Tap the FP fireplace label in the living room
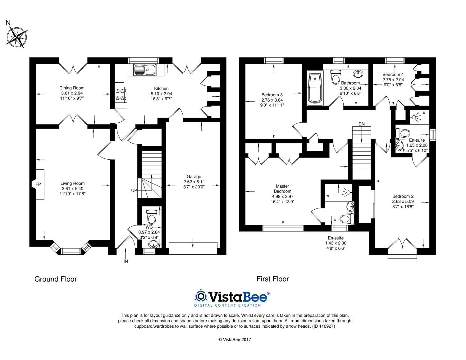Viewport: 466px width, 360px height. point(38,184)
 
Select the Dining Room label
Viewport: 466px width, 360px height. point(72,88)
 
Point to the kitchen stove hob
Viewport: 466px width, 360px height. point(121,95)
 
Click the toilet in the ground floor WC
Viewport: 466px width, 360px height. point(151,217)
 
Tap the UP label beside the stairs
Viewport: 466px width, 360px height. point(134,190)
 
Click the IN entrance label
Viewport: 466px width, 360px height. point(126,261)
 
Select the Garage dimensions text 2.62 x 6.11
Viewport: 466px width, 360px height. point(194,182)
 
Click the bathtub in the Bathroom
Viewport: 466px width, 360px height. point(315,88)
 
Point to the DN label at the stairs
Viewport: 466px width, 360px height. point(361,124)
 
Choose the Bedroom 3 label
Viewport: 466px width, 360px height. point(272,95)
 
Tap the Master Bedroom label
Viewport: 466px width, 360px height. point(282,189)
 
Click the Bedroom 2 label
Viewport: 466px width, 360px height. point(403,196)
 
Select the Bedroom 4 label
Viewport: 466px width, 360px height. point(393,75)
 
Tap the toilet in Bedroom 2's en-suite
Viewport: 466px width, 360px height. point(403,134)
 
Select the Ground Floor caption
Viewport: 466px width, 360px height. point(56,279)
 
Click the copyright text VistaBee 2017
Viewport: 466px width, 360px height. point(235,339)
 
